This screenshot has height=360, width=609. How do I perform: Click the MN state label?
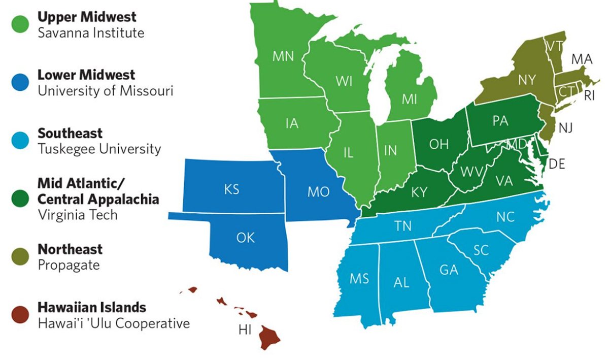coord(283,56)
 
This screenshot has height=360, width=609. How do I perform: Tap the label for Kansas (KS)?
coord(231,190)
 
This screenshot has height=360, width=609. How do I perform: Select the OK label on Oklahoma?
coord(246,237)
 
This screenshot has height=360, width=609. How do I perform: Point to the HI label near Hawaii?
coord(245,330)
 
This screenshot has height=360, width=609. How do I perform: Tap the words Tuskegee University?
coord(99,149)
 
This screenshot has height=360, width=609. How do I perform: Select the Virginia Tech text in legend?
coord(78,215)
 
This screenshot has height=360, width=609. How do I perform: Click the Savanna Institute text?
coord(91,33)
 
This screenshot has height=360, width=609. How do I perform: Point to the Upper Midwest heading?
coord(87,17)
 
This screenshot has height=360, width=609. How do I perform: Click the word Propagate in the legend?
coord(69,265)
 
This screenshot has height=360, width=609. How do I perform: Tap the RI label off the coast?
coord(589,95)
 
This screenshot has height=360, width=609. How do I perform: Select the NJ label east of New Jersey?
coord(566,128)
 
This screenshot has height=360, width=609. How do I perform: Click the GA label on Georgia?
coord(449,270)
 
